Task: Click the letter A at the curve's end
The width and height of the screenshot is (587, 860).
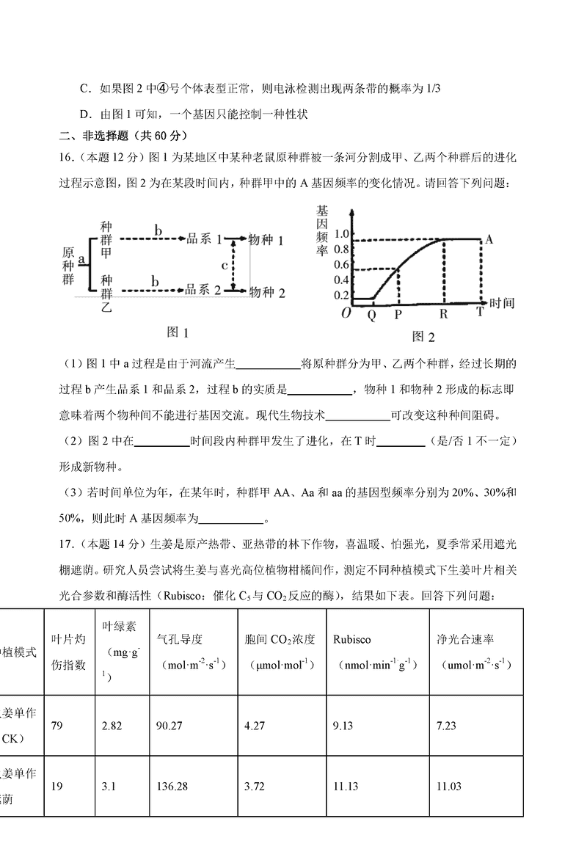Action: (489, 239)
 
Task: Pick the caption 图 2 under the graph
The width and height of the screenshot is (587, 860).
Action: (423, 337)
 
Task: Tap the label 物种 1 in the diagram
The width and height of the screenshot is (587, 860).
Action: (267, 240)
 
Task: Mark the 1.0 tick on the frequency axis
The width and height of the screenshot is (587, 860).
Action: (340, 234)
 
